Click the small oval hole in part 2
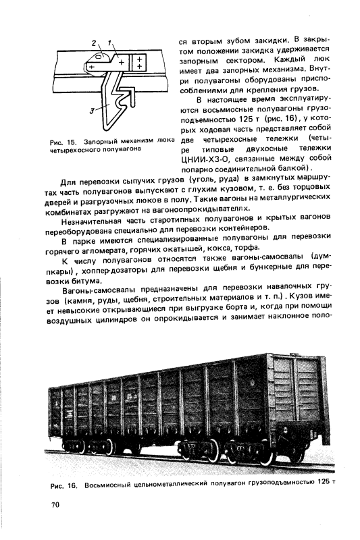(x=98, y=58)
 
